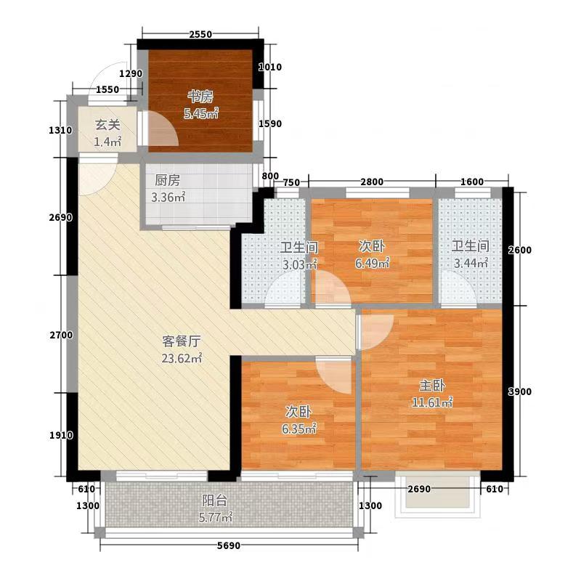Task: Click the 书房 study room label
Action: click(x=200, y=97)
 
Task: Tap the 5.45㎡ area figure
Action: click(x=201, y=114)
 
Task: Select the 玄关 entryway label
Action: click(x=107, y=125)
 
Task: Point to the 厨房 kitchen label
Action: click(x=168, y=180)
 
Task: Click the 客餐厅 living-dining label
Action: click(x=182, y=341)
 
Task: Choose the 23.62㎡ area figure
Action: click(x=182, y=358)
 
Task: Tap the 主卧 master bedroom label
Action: click(x=432, y=386)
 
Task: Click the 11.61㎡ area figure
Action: click(x=432, y=402)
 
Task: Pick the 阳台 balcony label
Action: click(x=214, y=500)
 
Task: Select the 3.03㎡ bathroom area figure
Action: click(x=300, y=264)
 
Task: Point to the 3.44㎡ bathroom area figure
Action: click(x=471, y=263)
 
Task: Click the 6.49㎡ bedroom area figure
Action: click(x=372, y=263)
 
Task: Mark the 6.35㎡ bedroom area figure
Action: click(x=298, y=428)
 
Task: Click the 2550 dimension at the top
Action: click(x=200, y=34)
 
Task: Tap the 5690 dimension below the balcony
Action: click(x=229, y=545)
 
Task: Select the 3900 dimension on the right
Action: click(x=519, y=391)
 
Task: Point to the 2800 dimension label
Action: click(x=372, y=182)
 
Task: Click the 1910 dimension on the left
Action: click(x=61, y=435)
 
